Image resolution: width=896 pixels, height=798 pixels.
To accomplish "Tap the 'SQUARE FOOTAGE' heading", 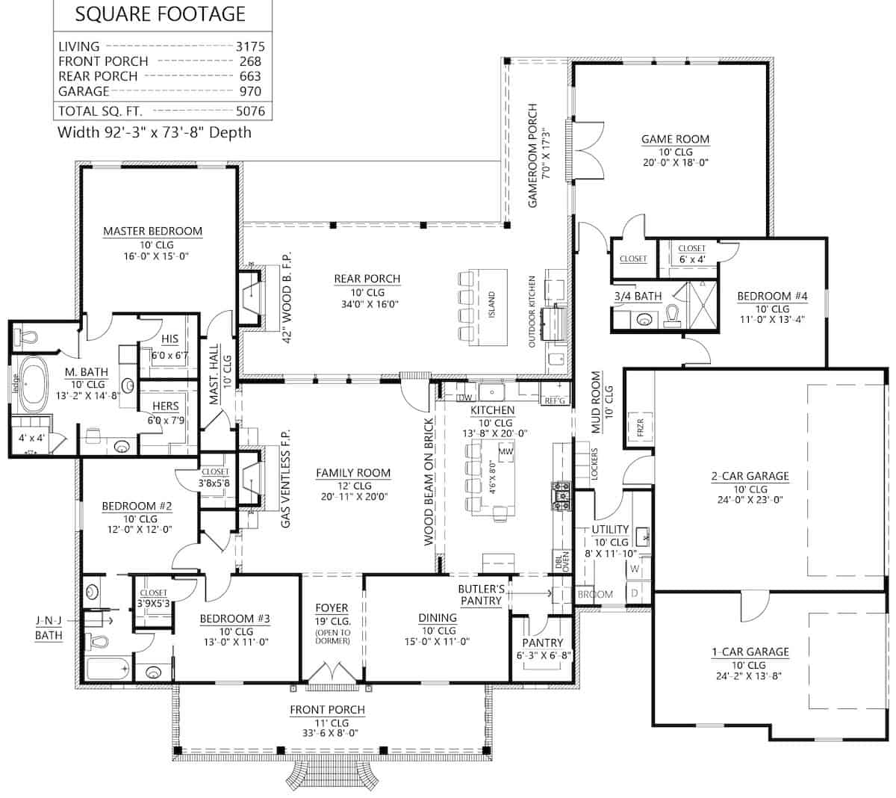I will pos(161,14).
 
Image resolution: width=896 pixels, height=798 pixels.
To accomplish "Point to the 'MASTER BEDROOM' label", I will pos(152,231).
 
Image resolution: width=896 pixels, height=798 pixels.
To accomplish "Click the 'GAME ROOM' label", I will pos(675,139).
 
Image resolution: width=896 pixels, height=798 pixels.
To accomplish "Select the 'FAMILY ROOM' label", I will pos(353,473).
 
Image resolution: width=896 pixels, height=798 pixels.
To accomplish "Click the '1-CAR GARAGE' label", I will pos(750,652).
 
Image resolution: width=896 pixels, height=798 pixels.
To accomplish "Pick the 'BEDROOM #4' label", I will pos(772,297).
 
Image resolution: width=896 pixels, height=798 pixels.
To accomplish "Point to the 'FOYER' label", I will pos(332,608).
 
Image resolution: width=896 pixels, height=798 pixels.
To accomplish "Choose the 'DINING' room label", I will pos(438,617).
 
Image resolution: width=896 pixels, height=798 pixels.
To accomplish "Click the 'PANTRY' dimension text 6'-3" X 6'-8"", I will pos(543,656).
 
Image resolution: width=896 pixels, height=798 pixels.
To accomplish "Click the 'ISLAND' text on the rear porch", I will pos(491,305).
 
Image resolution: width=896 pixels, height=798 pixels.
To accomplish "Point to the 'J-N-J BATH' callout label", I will pos(49,628).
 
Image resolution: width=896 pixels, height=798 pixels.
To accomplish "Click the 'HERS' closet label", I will pos(165,406).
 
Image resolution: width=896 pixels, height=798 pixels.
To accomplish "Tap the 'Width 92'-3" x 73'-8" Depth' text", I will pos(155,133).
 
